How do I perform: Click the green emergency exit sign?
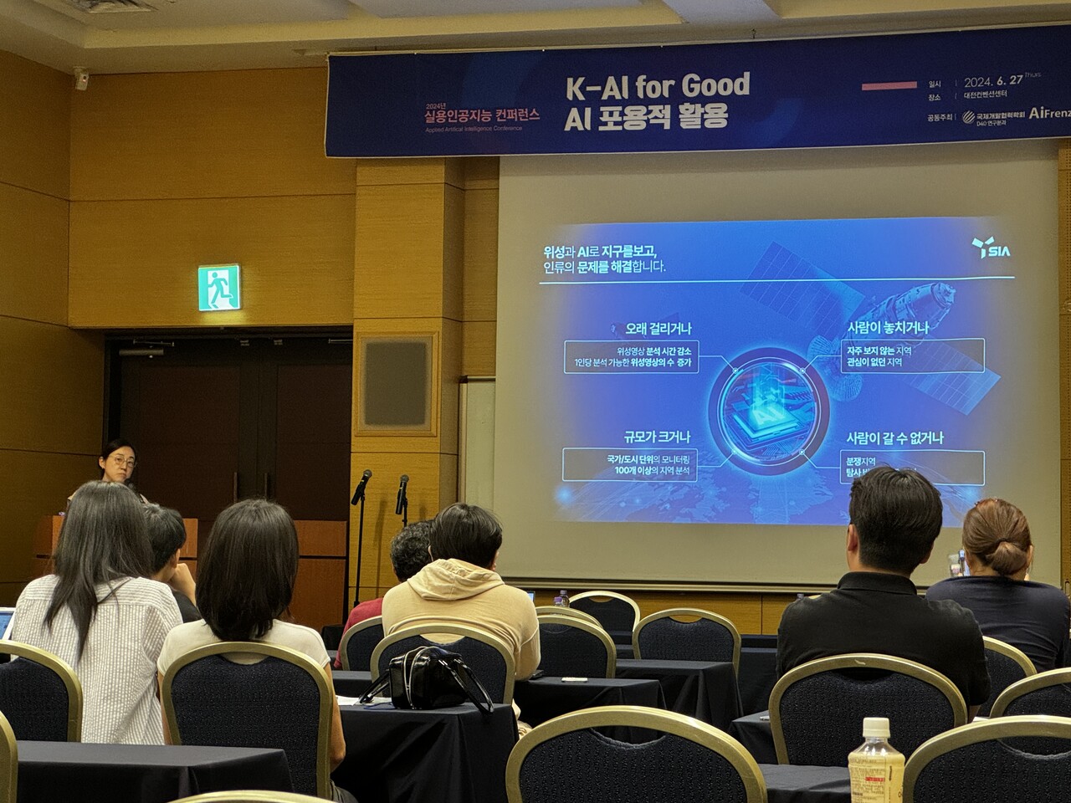pos(219,288)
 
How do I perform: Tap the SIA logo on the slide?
pos(992,248)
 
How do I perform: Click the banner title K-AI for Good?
pos(656,86)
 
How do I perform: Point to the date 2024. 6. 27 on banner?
pos(994,82)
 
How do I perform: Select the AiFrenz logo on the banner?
pos(1048,112)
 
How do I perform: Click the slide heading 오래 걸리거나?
pos(658,329)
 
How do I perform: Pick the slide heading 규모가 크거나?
pos(657,437)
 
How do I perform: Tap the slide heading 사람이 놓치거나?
pos(888,327)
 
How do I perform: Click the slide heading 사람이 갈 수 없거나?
pos(894,437)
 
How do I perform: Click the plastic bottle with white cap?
pos(875,761)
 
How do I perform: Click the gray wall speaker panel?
pos(396,383)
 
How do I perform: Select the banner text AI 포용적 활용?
pos(645,117)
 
